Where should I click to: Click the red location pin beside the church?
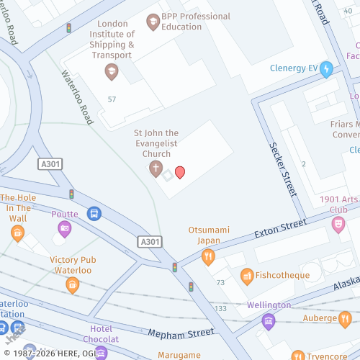180,171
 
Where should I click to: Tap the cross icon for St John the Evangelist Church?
155,168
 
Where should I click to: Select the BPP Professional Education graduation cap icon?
152,22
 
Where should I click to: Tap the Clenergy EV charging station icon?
326,69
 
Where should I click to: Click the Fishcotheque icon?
247,275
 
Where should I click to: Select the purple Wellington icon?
269,321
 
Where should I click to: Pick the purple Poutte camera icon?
65,228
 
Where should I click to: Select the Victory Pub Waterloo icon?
72,284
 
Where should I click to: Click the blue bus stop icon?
94,213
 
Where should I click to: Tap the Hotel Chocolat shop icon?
101,352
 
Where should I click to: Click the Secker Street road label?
283,169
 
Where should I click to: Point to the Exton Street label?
281,232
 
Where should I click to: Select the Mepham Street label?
181,333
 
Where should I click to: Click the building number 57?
112,99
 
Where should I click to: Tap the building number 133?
220,308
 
